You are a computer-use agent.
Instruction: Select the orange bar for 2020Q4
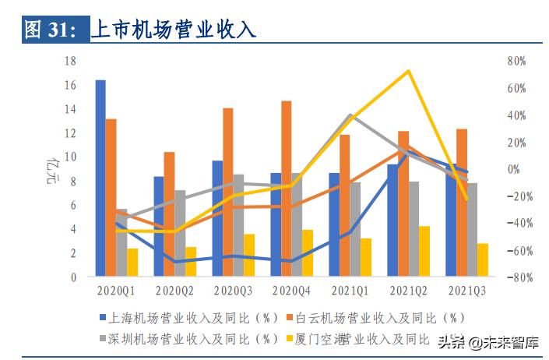287,188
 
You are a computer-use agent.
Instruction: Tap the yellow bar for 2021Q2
424,251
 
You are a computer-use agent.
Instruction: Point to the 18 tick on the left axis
70,61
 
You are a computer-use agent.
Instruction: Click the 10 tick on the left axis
70,157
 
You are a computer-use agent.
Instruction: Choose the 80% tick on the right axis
516,61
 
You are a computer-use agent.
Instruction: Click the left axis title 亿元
53,168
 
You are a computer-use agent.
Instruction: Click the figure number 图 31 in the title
50,30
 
